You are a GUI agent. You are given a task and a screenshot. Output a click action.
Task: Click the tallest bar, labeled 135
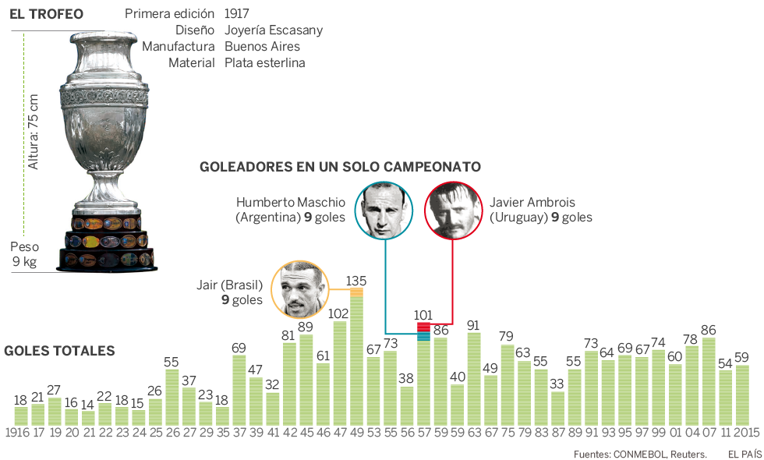[x=356, y=359]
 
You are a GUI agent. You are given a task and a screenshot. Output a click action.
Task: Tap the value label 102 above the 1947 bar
[x=339, y=313]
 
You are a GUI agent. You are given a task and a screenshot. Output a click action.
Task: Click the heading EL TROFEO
[x=46, y=14]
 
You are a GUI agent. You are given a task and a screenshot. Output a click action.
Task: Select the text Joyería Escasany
[x=273, y=30]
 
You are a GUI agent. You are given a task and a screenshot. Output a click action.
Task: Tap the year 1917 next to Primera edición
[x=237, y=14]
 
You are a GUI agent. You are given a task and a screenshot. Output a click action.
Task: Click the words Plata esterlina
[x=264, y=62]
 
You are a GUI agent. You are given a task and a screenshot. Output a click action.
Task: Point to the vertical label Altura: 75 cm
[x=34, y=133]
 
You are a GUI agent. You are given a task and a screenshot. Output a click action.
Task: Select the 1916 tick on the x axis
[x=17, y=432]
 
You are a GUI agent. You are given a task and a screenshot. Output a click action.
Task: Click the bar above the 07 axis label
[x=709, y=380]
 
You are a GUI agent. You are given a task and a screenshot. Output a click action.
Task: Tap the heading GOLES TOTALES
[x=59, y=351]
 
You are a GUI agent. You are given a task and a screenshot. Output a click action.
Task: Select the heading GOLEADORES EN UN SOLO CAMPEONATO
[x=340, y=166]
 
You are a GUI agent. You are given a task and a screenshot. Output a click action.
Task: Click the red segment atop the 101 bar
[x=424, y=327]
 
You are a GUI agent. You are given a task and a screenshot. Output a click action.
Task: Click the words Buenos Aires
[x=262, y=47]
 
